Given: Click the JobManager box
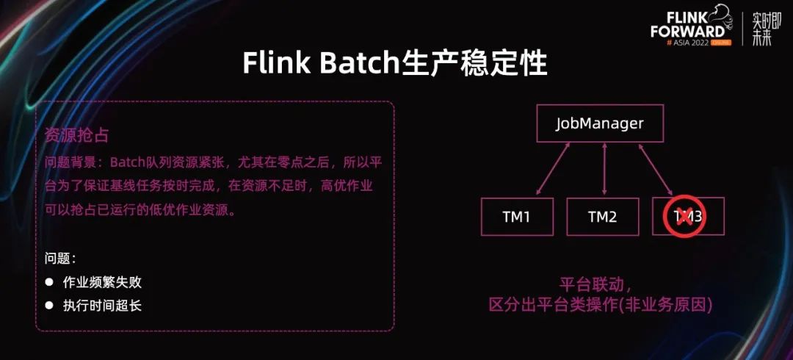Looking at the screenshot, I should [599, 123].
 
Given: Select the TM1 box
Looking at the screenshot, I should [517, 217].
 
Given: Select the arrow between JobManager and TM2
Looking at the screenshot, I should [604, 170].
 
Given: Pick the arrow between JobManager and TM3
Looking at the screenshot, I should [657, 170].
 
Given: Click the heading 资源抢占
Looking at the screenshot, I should [77, 136].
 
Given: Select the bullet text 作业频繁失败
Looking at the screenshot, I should [102, 282].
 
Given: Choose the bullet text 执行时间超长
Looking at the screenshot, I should [102, 305].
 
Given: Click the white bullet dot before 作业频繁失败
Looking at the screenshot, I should [49, 282].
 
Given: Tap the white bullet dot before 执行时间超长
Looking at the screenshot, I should [49, 305].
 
